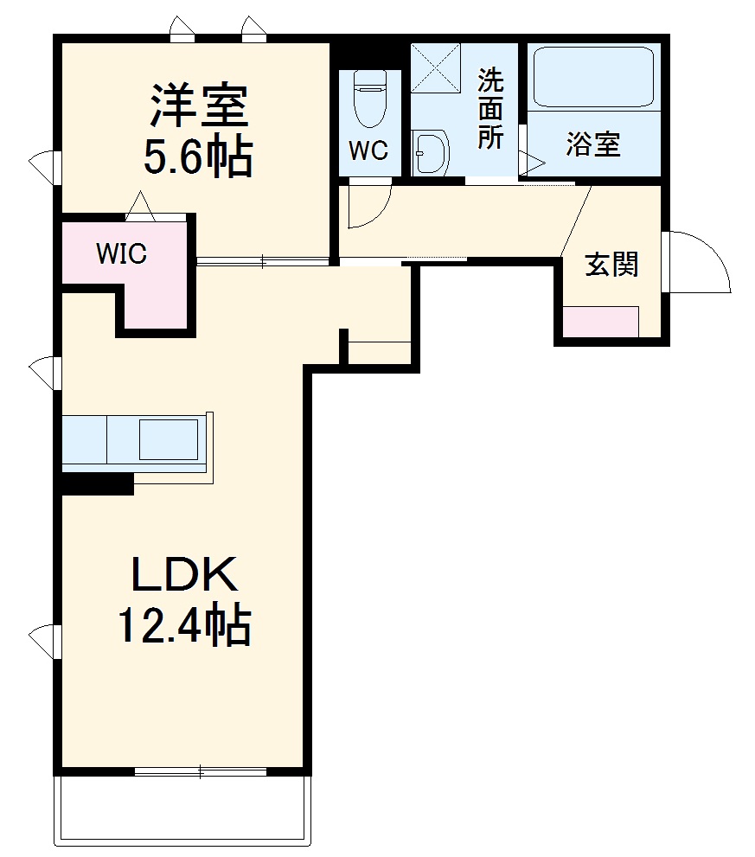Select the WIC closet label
121,254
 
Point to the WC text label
368,150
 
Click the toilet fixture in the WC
370,97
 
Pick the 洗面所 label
491,109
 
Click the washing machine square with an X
437,66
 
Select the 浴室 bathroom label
593,144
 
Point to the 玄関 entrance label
612,264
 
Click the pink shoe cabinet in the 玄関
601,322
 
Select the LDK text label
183,574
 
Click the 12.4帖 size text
183,625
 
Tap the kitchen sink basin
168,439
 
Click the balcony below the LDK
182,808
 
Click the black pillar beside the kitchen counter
97,483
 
